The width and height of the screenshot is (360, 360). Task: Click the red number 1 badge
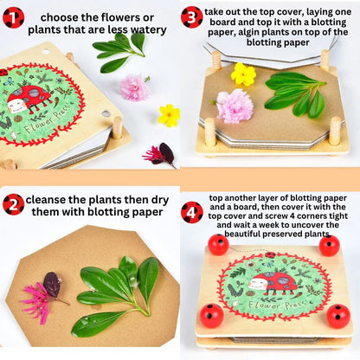pos(13,16)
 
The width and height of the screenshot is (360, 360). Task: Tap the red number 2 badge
pos(13,204)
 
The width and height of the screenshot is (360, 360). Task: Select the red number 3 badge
pos(192,16)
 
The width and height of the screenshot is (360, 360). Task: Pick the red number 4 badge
pos(192,211)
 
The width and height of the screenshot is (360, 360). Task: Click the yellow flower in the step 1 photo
pos(169,114)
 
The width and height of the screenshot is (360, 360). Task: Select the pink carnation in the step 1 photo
pos(134,87)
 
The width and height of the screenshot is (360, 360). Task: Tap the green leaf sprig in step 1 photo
pos(119,51)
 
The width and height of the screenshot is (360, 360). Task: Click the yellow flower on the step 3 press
pos(243,75)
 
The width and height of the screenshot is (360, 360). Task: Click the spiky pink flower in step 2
pos(36,299)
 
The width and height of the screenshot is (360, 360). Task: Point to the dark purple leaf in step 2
pos(53,285)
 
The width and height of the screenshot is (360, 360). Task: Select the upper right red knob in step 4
pos(329,246)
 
